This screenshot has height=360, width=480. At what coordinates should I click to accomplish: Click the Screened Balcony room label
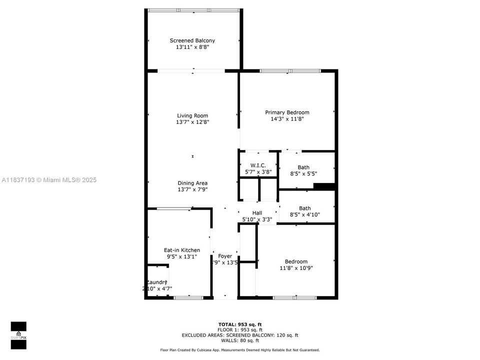pyautogui.click(x=192, y=40)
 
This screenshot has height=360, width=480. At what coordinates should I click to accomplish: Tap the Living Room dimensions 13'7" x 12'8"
pyautogui.click(x=192, y=122)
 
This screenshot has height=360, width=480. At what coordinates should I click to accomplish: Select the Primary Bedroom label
pyautogui.click(x=287, y=112)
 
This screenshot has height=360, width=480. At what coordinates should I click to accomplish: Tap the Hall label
pyautogui.click(x=257, y=213)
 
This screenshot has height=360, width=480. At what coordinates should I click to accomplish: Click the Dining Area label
pyautogui.click(x=192, y=183)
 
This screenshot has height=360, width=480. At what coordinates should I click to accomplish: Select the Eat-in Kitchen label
pyautogui.click(x=182, y=250)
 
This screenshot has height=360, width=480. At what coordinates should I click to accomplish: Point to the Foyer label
pyautogui.click(x=225, y=256)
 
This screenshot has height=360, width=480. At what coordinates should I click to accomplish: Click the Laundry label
pyautogui.click(x=156, y=282)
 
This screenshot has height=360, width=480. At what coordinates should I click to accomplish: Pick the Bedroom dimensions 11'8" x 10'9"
pyautogui.click(x=296, y=268)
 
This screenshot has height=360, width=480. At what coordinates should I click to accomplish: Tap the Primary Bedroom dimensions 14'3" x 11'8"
pyautogui.click(x=287, y=119)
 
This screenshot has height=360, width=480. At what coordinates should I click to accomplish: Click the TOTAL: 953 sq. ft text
pyautogui.click(x=239, y=324)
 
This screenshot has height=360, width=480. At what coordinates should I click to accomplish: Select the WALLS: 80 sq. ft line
pyautogui.click(x=239, y=340)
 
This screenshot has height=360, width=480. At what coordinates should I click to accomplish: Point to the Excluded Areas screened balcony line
pyautogui.click(x=239, y=335)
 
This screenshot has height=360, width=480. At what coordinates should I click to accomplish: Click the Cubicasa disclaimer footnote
pyautogui.click(x=239, y=350)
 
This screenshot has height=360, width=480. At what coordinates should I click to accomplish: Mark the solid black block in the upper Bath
pyautogui.click(x=323, y=186)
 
